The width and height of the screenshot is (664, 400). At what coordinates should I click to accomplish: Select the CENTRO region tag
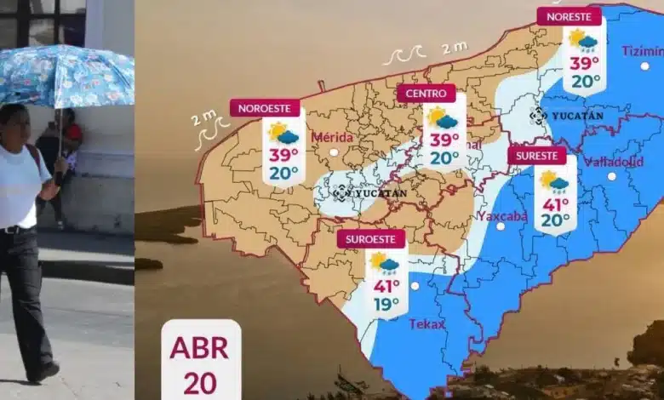[x=426, y=93]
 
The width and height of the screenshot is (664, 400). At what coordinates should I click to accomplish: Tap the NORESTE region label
[x=569, y=17]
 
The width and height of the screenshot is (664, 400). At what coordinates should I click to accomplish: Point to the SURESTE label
[x=536, y=156]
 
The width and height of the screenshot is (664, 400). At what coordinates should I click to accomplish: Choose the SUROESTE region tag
[x=370, y=239]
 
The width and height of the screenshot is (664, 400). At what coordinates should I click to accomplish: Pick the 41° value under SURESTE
[x=555, y=204]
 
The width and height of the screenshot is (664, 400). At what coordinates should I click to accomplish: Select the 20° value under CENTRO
[x=444, y=157]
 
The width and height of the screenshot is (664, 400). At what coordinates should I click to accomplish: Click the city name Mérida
[x=332, y=137]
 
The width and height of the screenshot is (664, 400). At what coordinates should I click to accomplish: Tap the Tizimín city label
[x=642, y=50]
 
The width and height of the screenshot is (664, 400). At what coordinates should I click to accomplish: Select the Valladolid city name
[x=613, y=162]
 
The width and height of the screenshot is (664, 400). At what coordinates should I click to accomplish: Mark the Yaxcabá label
[x=502, y=215]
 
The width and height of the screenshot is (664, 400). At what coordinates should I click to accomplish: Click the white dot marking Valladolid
[x=611, y=176]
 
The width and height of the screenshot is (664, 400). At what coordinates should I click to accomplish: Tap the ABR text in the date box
[x=200, y=348]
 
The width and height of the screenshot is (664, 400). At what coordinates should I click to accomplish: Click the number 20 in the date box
[x=200, y=382]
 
